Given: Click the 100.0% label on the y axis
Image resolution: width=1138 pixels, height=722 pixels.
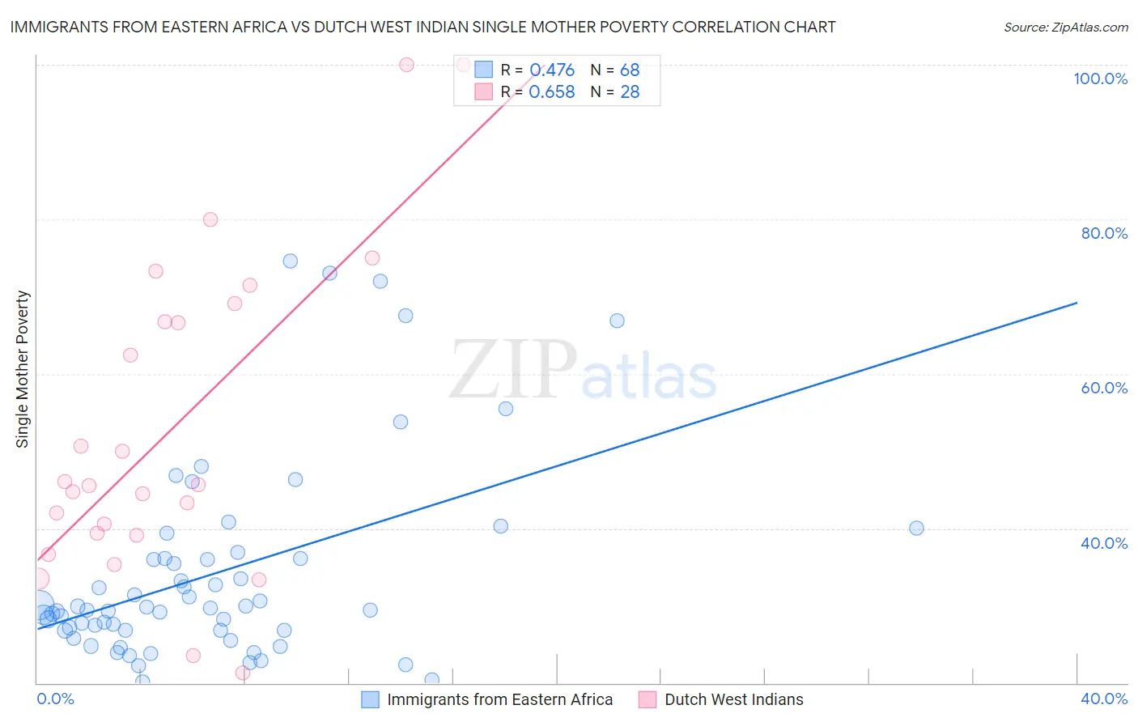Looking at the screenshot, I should tap(1100, 79).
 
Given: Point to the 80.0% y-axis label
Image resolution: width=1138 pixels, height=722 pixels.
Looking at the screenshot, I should tap(1104, 233).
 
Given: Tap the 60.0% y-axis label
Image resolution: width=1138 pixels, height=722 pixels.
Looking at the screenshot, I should tap(1104, 388).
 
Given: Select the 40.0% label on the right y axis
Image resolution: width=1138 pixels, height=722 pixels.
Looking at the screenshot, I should tap(1104, 543).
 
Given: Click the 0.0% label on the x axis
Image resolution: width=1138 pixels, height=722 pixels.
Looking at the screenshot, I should tap(55, 699).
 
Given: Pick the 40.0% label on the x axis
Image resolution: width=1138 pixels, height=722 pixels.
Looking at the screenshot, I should tap(1104, 699).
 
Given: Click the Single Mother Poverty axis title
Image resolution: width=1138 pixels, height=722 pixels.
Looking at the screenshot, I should tap(23, 369).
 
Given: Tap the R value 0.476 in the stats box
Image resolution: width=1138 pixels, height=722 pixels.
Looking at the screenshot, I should tap(551, 70).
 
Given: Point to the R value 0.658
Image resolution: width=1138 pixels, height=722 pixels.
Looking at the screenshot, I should tap(551, 91).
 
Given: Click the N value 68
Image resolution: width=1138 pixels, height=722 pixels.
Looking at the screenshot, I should tap(630, 70).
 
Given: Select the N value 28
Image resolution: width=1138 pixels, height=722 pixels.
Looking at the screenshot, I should tap(630, 91).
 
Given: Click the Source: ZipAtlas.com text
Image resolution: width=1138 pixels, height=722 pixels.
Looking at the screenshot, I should tap(1065, 27).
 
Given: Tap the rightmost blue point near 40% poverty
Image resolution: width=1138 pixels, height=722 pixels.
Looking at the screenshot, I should tap(916, 528).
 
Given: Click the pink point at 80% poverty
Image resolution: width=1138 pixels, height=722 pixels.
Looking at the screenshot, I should tap(210, 219).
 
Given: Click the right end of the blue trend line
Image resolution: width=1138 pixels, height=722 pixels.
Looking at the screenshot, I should tap(1076, 303).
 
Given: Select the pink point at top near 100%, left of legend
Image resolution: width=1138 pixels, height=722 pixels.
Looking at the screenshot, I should tap(406, 65).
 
